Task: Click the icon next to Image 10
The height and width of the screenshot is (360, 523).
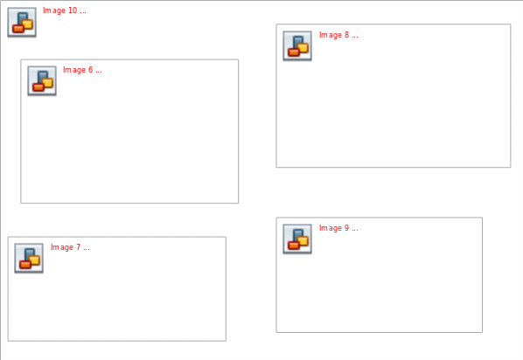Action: point(22,23)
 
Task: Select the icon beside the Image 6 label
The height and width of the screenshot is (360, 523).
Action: point(42,81)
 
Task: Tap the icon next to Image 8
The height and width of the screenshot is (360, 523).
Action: point(297,46)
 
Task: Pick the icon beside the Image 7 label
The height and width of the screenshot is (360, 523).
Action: point(29,259)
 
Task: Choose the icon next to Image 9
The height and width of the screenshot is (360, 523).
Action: point(297,239)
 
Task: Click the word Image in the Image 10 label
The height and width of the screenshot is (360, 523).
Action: point(54,10)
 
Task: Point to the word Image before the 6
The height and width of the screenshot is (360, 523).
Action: point(74,70)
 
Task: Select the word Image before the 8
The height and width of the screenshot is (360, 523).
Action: point(331,35)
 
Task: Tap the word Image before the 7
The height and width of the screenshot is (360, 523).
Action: point(62,247)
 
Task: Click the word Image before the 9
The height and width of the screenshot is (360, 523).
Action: point(331,228)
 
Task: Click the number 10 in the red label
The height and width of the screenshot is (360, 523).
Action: point(73,10)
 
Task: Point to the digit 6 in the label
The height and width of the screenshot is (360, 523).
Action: point(90,70)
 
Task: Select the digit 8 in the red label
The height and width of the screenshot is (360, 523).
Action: point(347,35)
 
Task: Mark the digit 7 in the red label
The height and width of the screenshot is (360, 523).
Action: point(79,247)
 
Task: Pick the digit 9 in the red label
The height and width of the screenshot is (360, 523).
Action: point(347,228)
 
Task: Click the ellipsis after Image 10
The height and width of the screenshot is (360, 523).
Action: point(83,12)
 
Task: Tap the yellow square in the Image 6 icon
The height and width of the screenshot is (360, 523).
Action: point(48,83)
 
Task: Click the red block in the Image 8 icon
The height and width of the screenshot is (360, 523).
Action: point(294,52)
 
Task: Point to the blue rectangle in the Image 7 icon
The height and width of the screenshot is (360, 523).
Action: point(30,254)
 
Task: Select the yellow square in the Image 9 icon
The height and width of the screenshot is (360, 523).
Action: point(303,240)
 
